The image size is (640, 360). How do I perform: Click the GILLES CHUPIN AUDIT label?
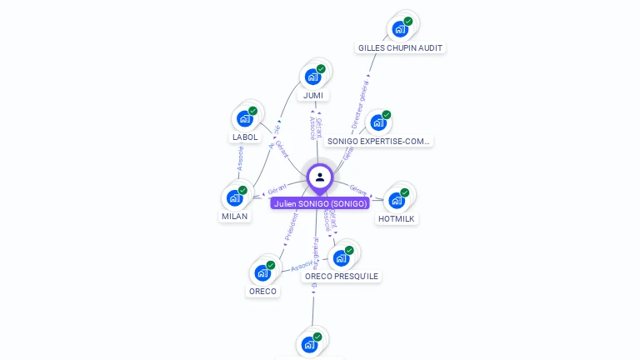tap(401, 48)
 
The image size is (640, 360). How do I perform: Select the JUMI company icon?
tap(313, 77)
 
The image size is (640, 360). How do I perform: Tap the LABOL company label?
tap(244, 137)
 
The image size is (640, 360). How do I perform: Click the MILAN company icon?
tap(234, 198)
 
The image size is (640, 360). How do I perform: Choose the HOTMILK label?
tap(397, 218)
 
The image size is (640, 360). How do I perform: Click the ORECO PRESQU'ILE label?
tap(341, 276)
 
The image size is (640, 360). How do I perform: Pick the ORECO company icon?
tap(262, 272)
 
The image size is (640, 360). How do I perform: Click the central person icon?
tap(320, 177)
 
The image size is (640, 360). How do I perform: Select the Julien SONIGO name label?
tap(320, 203)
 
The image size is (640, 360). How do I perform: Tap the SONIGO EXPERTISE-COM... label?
tap(379, 142)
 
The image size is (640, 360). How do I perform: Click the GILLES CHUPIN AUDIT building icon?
tap(400, 29)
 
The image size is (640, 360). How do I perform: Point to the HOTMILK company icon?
tap(397, 199)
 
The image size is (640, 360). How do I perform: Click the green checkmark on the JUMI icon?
tap(321, 68)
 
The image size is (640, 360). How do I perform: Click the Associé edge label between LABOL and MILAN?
tap(240, 158)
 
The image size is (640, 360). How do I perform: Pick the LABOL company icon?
tap(244, 118)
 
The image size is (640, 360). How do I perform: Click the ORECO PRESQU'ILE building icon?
tap(341, 257)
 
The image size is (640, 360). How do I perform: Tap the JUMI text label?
tap(313, 95)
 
